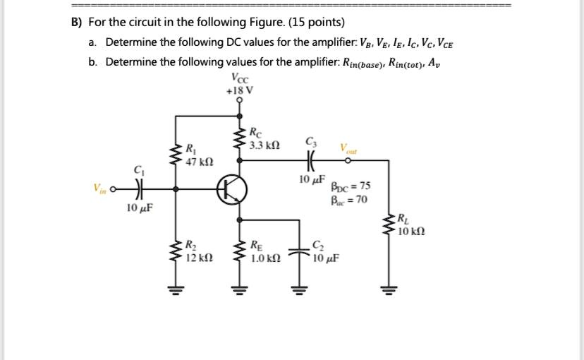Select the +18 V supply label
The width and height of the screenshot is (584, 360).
click(239, 90)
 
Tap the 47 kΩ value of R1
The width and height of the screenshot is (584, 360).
click(195, 162)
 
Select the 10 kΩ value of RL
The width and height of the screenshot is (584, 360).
click(411, 232)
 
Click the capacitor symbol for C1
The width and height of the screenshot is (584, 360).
click(139, 189)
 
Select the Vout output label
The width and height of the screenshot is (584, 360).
click(348, 149)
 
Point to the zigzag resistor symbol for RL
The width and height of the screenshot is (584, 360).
click(387, 226)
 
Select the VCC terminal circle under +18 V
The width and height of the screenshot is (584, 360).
click(239, 100)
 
